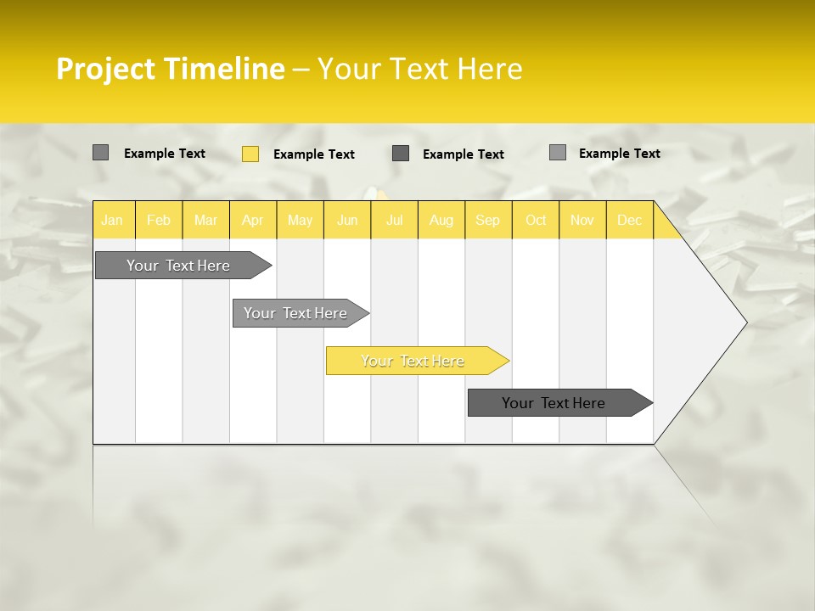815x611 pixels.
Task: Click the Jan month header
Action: pos(112,220)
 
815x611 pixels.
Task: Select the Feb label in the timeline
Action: pos(159,220)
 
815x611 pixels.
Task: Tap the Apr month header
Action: pos(252,220)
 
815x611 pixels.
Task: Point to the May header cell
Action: pos(300,220)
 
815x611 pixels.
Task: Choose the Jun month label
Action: pos(347,220)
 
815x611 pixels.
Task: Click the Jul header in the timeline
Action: pos(394,220)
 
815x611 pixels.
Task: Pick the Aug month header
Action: pos(441,220)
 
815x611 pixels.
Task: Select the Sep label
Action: pos(487,220)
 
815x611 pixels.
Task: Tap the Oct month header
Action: pos(536,220)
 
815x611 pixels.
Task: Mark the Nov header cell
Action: pos(582,220)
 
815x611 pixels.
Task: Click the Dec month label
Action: pos(629,220)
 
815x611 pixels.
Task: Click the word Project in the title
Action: pos(106,69)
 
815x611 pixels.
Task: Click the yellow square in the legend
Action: pos(250,154)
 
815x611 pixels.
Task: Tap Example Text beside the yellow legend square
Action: pos(313,154)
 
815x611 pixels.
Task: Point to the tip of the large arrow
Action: pos(745,322)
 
